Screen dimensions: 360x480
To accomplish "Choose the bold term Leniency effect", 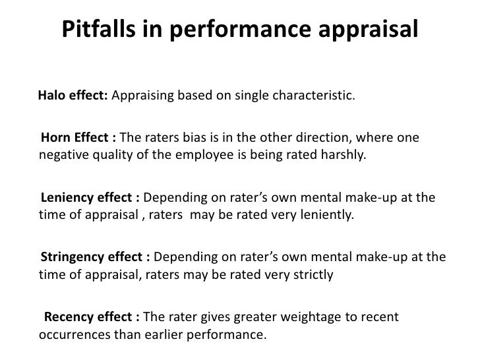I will click(x=90, y=198).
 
